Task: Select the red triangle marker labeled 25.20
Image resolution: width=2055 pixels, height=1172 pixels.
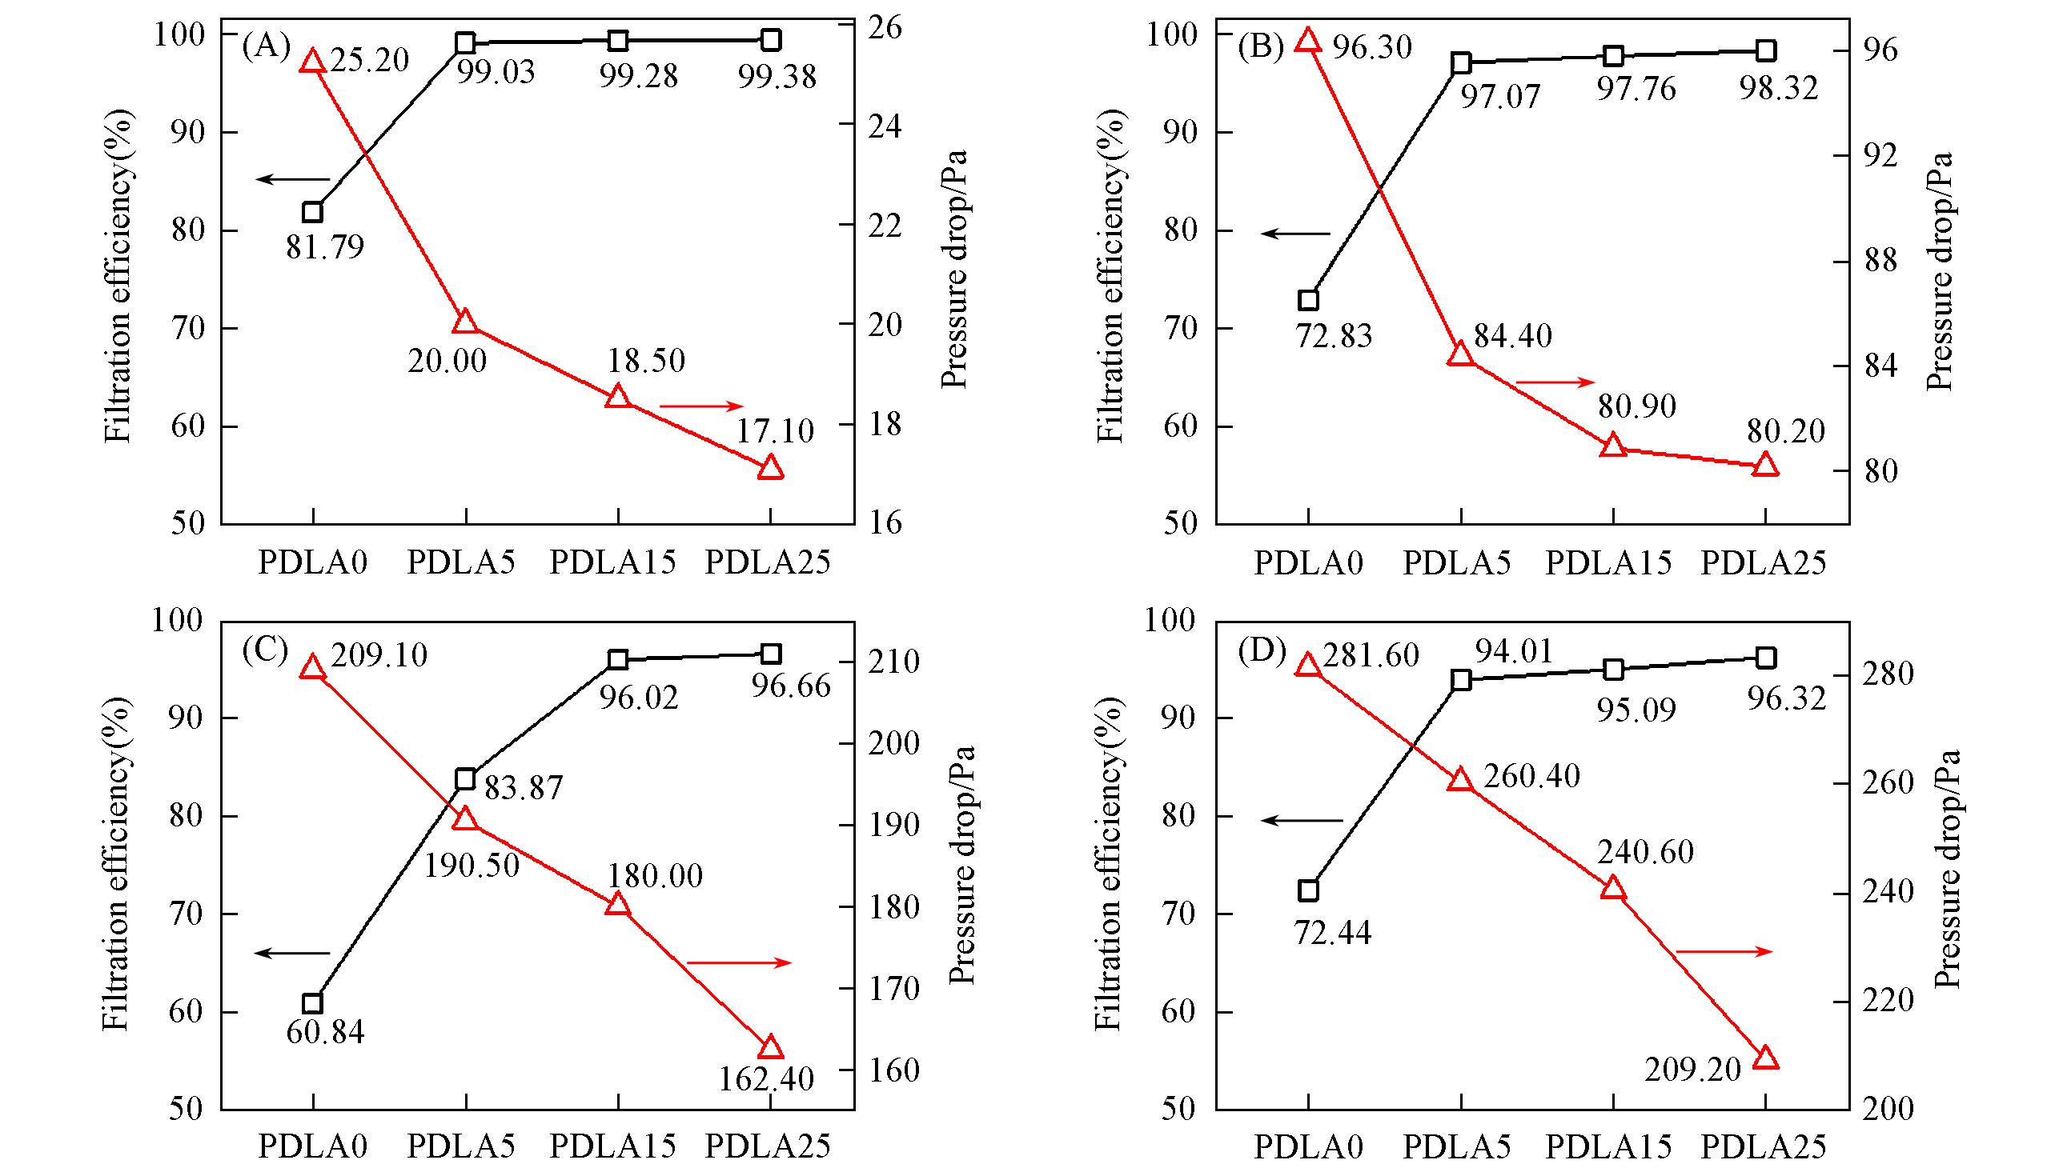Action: pos(312,61)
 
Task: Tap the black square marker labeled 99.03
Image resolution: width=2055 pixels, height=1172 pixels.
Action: pos(464,42)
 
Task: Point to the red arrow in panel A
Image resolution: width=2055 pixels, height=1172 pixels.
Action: pos(700,406)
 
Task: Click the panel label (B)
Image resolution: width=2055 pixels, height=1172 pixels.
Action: pos(1260,47)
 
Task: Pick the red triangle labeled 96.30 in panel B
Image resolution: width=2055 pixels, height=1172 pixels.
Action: pos(1308,40)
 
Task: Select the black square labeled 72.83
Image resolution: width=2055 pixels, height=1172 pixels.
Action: pos(1309,300)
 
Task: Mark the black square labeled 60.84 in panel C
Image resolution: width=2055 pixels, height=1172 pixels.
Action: pos(312,1003)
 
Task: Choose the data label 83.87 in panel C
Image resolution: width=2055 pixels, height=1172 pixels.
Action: pos(524,787)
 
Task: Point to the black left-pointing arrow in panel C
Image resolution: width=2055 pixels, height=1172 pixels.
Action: pos(292,953)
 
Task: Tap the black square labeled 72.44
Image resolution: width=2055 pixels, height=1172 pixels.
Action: pos(1309,890)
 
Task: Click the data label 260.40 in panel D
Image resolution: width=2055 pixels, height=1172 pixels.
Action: pos(1531,776)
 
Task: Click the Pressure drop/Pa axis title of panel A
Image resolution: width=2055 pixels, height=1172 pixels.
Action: pos(954,270)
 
